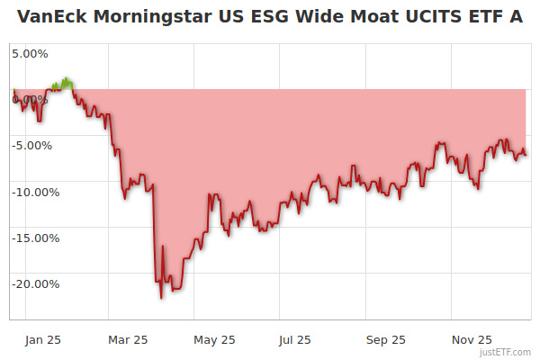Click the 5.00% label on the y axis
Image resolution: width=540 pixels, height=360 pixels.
pyautogui.click(x=30, y=53)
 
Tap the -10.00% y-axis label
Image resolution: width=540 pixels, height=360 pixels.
pyautogui.click(x=34, y=192)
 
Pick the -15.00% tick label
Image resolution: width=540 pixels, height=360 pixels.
pyautogui.click(x=34, y=238)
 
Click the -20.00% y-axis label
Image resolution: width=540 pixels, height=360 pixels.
pyautogui.click(x=34, y=284)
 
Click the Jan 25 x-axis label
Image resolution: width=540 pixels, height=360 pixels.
pyautogui.click(x=42, y=340)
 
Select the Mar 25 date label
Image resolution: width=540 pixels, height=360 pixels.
pyautogui.click(x=127, y=340)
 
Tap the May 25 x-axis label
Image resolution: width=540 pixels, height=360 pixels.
pyautogui.click(x=214, y=340)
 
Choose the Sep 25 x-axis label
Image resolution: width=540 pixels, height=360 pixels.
pyautogui.click(x=386, y=340)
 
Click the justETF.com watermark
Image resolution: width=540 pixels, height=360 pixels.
pyautogui.click(x=506, y=352)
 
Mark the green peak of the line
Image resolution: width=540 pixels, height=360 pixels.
pyautogui.click(x=66, y=79)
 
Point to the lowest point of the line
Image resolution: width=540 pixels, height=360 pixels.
pyautogui.click(x=161, y=298)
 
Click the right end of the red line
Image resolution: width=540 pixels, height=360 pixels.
pyautogui.click(x=526, y=155)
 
